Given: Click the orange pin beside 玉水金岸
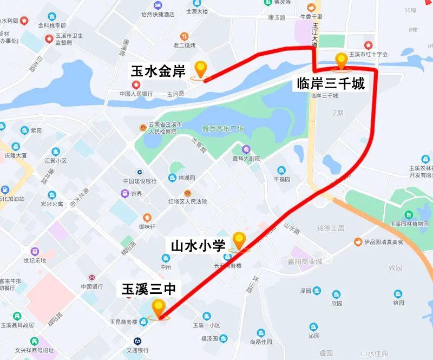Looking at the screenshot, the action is point(201,69).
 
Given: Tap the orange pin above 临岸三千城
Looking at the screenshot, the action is point(342,61).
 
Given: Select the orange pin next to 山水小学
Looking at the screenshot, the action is point(239,240).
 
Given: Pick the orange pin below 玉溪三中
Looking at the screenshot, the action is point(159,308).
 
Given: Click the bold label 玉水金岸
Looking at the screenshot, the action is point(159,70).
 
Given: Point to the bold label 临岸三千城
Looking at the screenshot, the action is point(331,84).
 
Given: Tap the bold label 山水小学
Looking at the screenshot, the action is point(198,245).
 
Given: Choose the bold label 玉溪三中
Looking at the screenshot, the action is point(148,289).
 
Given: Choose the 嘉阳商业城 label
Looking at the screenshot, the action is point(304,261).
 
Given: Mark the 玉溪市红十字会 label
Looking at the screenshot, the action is point(369,54).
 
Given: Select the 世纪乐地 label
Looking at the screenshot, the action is point(34,260).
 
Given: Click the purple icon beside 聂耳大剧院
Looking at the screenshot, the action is point(246,149).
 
